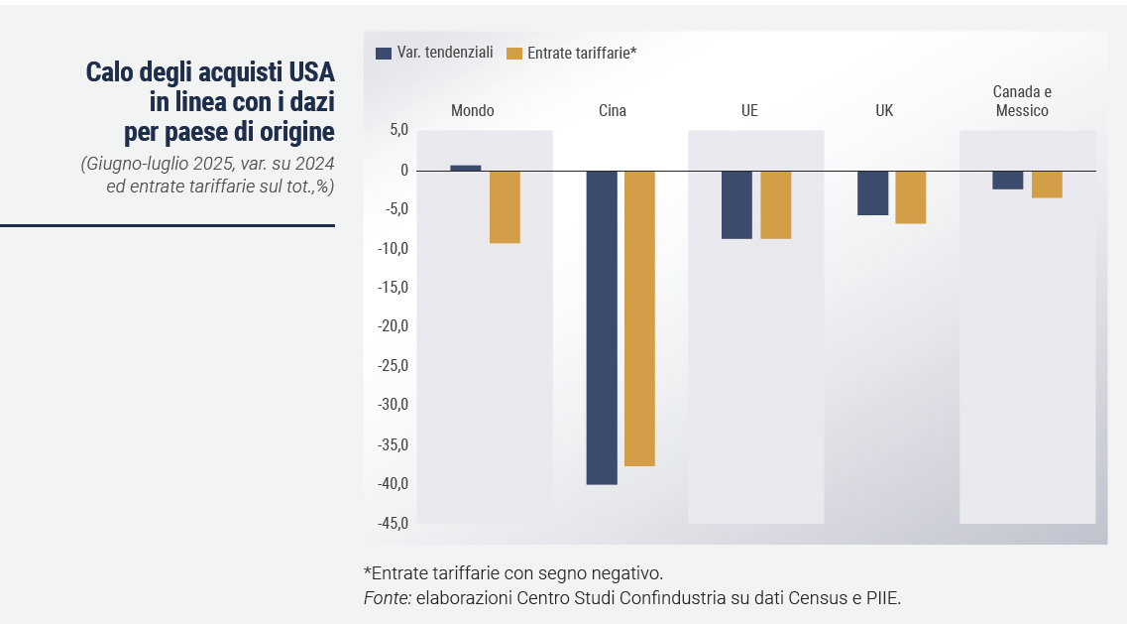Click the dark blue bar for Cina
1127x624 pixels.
[x=602, y=327]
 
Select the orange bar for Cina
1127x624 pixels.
[x=639, y=317]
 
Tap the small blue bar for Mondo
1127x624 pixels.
[x=466, y=168]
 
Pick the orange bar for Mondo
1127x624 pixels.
[x=505, y=206]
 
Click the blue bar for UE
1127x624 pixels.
[x=736, y=204]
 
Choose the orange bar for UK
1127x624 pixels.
[x=911, y=196]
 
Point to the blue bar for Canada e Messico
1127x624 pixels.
[x=1008, y=180]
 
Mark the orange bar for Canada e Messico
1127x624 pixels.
[x=1047, y=184]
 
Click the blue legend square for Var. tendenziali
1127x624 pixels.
[x=384, y=54]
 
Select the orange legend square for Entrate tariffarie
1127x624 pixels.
[x=513, y=54]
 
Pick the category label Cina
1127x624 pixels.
[x=613, y=111]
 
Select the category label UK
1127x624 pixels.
[x=884, y=111]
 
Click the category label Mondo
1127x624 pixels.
[x=472, y=111]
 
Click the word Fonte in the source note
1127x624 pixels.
[x=387, y=598]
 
